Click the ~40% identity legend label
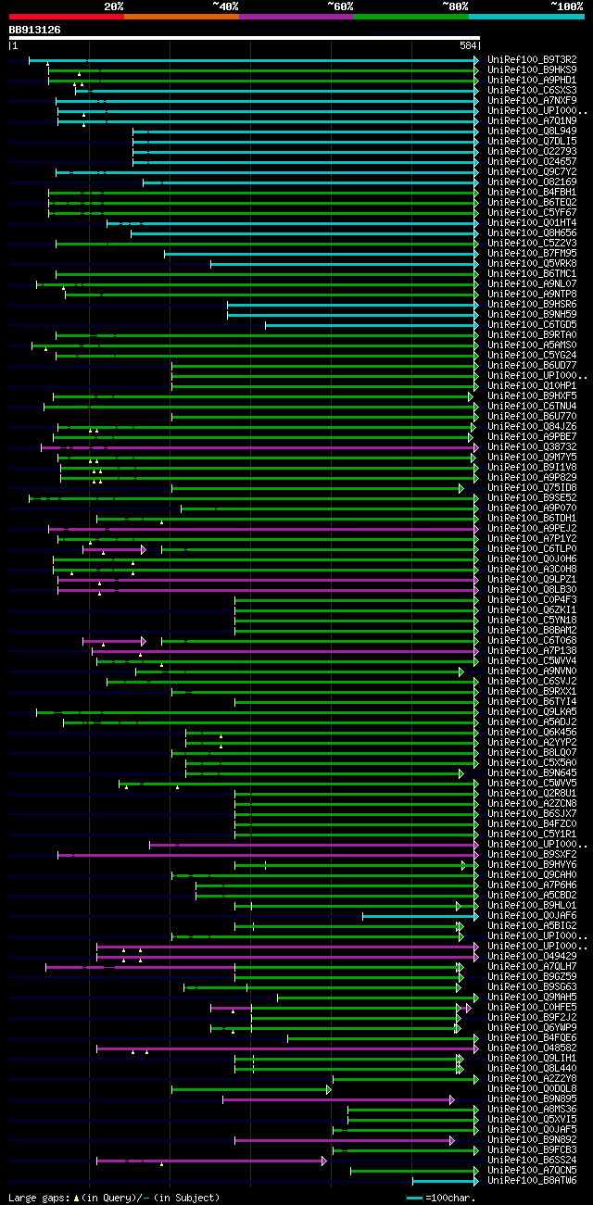(x=225, y=6)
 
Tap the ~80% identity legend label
(x=455, y=6)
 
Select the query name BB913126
(x=34, y=30)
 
